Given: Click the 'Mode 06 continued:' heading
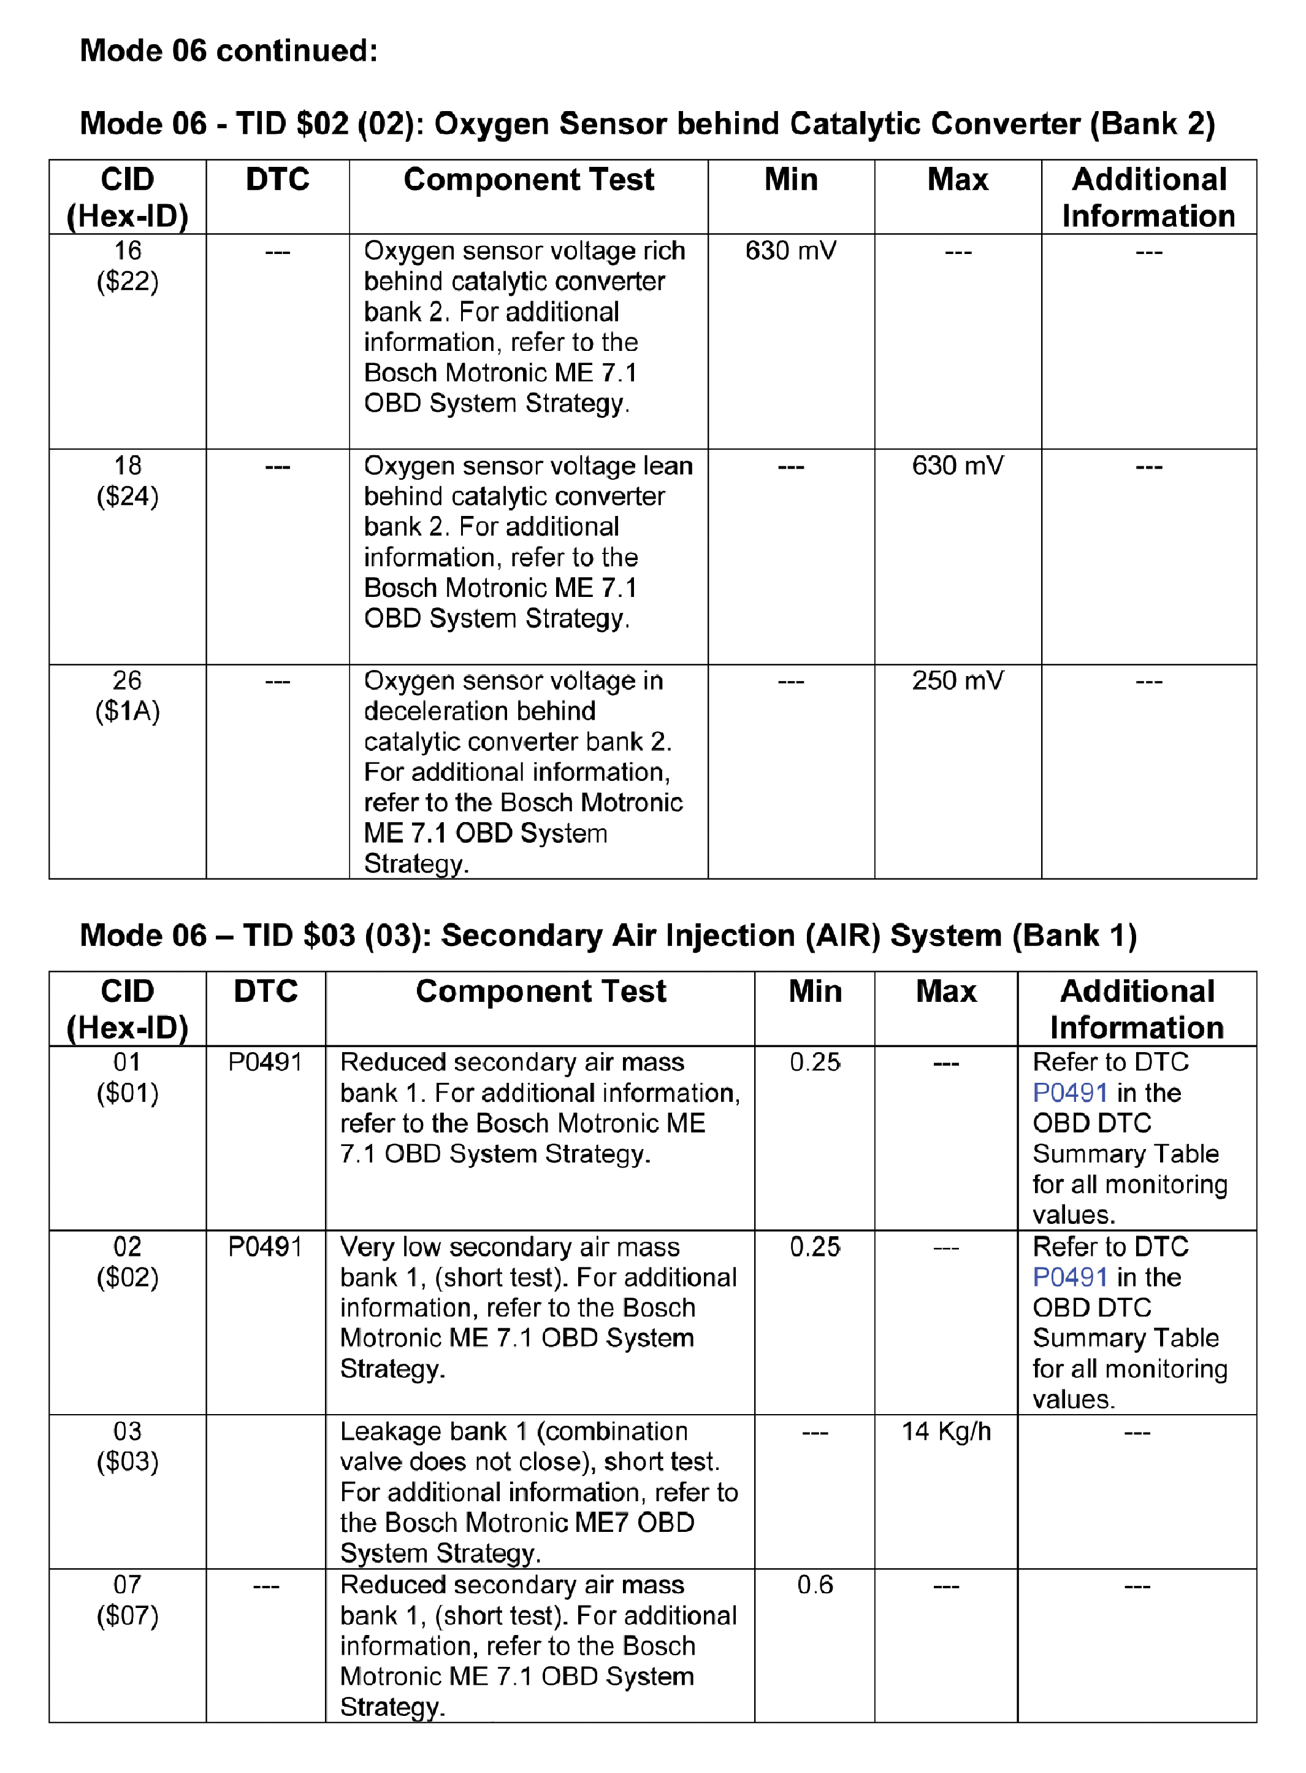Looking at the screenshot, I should coord(229,52).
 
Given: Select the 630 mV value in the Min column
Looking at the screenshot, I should coord(790,252).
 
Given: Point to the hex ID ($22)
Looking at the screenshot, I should coord(128,282).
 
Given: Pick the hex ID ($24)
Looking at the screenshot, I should coord(128,497).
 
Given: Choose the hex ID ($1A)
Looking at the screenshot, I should coord(128,712).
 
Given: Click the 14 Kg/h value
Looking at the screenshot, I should coord(945,1431).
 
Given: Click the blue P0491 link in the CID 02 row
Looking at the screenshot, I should coord(1069,1277).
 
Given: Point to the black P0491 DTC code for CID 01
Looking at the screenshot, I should coord(265,1062).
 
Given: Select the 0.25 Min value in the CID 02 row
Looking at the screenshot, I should coord(815,1247).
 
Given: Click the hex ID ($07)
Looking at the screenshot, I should coord(128,1615).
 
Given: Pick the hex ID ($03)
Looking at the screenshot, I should coord(128,1461).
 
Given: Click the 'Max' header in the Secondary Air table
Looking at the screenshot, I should coord(945,991).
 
